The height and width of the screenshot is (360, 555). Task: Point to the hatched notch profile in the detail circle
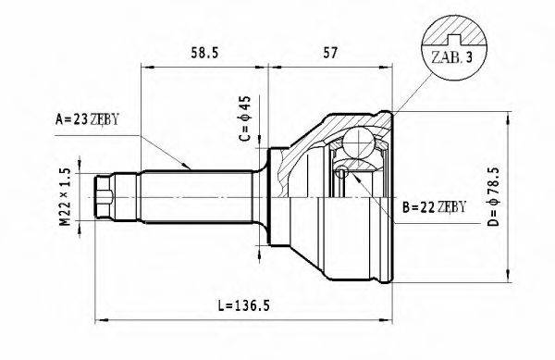pos(452,35)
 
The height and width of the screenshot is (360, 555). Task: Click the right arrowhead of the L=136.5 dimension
pos(392,320)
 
